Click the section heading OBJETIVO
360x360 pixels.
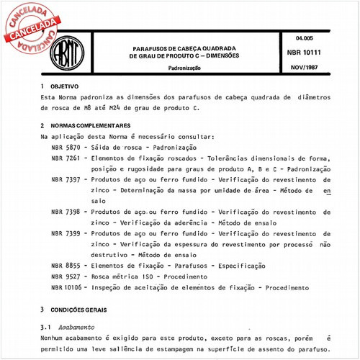pyautogui.click(x=65, y=86)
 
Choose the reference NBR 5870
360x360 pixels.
pyautogui.click(x=65, y=146)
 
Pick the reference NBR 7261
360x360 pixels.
pyautogui.click(x=65, y=157)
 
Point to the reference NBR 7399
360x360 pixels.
pyautogui.click(x=65, y=234)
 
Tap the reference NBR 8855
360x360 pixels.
pyautogui.click(x=65, y=266)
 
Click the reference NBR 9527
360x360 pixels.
pyautogui.click(x=65, y=277)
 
